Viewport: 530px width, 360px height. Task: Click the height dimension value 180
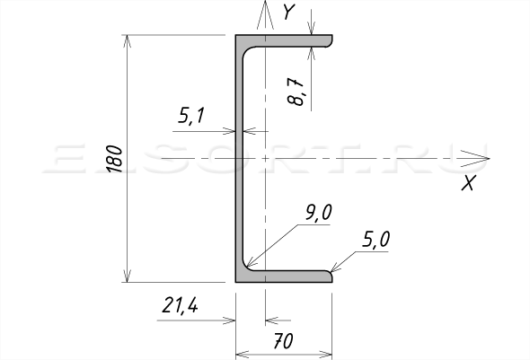coord(115,159)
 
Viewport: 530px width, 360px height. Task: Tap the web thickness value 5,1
coord(191,116)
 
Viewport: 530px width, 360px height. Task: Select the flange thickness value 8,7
coord(295,92)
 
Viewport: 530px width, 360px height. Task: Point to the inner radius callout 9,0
coord(319,213)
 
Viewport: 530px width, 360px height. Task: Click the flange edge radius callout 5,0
coord(375,239)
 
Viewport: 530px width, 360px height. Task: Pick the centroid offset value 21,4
coord(180,305)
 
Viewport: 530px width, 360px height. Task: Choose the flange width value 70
coord(283,341)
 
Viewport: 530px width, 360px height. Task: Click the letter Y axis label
coord(289,12)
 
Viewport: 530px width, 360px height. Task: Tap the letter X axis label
coord(469,183)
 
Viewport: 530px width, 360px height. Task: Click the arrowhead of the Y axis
coord(265,2)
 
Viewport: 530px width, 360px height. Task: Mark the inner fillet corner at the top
coord(246,51)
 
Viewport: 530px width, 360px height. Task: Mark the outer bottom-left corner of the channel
coord(236,282)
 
